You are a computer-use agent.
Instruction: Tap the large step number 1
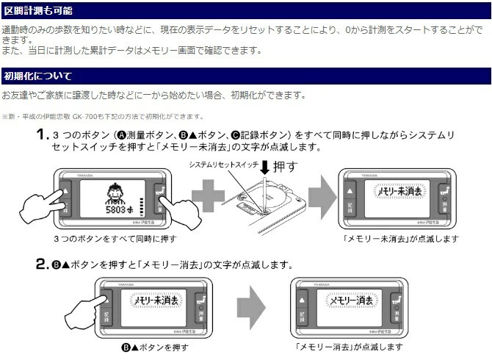(43, 135)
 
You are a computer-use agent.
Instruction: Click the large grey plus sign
(211, 200)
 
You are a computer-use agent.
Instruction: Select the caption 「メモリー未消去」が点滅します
(400, 239)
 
